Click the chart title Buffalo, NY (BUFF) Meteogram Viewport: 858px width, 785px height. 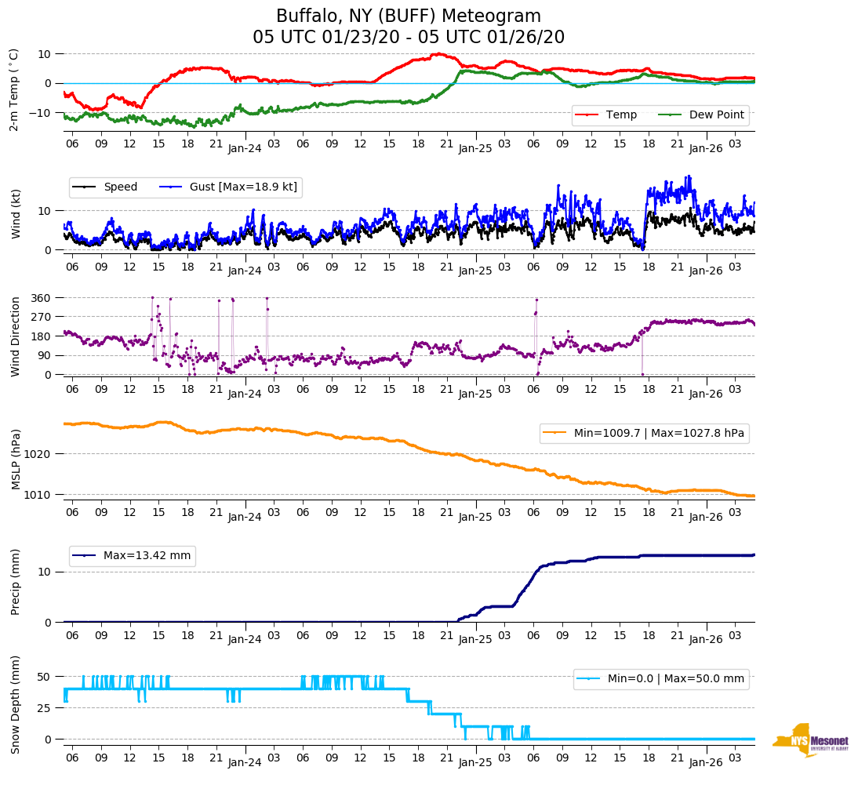pyautogui.click(x=408, y=16)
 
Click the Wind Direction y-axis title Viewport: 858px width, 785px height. pyautogui.click(x=15, y=336)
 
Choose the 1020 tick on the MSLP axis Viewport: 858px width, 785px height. pyautogui.click(x=38, y=454)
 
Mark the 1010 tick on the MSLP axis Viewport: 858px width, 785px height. pyautogui.click(x=38, y=495)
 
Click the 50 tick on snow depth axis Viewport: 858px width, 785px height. pyautogui.click(x=45, y=677)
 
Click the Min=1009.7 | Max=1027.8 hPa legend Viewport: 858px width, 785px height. pyautogui.click(x=643, y=433)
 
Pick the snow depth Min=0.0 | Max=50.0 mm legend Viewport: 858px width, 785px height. pyautogui.click(x=660, y=679)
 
